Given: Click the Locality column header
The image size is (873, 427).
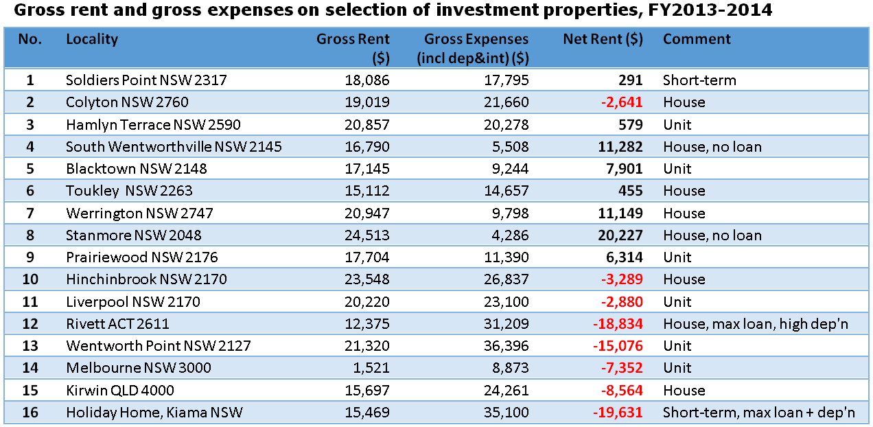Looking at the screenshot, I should [x=92, y=39].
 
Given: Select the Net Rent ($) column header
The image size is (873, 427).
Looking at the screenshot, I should [x=603, y=39].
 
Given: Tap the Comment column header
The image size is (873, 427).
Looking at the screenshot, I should [x=697, y=39].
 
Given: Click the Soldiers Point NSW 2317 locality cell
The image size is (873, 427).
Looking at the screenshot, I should [x=145, y=80].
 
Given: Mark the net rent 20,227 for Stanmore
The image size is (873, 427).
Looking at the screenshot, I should [x=620, y=235].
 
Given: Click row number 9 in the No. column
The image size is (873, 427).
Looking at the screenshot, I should [x=30, y=257].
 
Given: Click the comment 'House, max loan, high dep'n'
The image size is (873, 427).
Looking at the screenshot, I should [x=756, y=324].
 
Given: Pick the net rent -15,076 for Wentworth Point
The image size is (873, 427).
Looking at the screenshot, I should [x=617, y=346].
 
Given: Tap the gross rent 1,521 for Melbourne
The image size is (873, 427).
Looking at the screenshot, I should [x=372, y=368].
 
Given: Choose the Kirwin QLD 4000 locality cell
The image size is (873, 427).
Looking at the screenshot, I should [x=120, y=391].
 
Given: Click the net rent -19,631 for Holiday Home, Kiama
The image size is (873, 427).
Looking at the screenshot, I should [x=617, y=413].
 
